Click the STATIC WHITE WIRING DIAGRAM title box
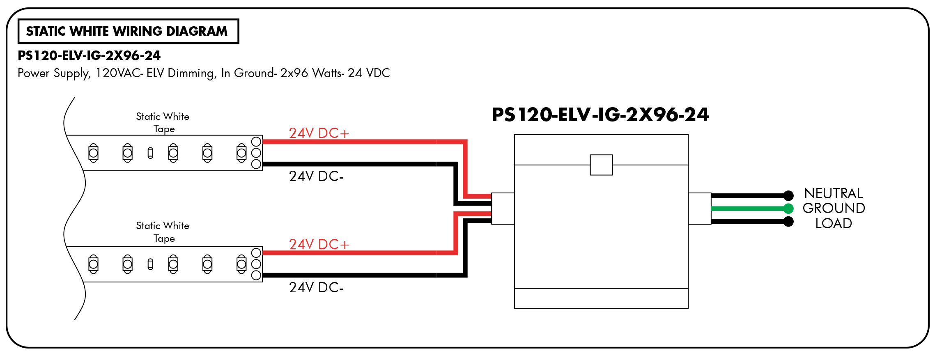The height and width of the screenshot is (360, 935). click(128, 31)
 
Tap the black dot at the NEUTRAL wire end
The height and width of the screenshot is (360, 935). click(788, 195)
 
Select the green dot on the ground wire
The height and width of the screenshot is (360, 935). click(788, 209)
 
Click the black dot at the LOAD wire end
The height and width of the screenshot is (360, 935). click(788, 222)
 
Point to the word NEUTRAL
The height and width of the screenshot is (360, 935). click(834, 193)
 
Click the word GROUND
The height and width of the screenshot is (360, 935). click(834, 208)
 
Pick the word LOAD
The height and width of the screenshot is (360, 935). click(834, 223)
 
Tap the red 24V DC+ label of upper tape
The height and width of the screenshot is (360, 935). click(319, 133)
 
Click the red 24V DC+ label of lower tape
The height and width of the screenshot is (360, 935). click(319, 244)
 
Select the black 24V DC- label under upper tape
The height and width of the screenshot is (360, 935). click(316, 176)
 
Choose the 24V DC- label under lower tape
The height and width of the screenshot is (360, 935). click(316, 287)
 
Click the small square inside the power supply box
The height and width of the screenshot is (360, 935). click(601, 165)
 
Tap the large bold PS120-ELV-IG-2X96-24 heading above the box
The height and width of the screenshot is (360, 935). click(600, 115)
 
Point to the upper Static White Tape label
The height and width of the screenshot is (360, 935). click(163, 123)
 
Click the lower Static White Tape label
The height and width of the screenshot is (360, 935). click(163, 232)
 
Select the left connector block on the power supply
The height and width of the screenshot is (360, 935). click(503, 209)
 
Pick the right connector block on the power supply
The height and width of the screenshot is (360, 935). click(700, 209)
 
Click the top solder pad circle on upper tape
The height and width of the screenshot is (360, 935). click(256, 142)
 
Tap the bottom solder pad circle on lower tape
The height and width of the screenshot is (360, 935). click(256, 275)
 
